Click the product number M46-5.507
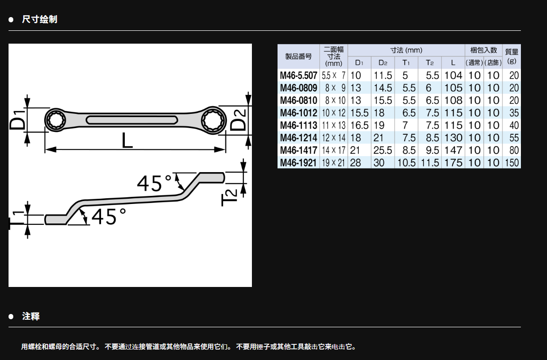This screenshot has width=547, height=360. (298, 75)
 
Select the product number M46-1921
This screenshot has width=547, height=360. (298, 163)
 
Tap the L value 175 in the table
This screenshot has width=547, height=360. (453, 163)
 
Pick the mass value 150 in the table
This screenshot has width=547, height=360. (512, 163)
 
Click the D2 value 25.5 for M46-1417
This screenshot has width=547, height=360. (383, 150)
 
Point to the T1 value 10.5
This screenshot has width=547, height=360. (407, 163)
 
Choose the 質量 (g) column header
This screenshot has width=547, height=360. (512, 56)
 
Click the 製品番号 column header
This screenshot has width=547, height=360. (298, 56)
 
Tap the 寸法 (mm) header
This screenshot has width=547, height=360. (407, 50)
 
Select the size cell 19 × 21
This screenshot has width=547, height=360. (334, 163)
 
